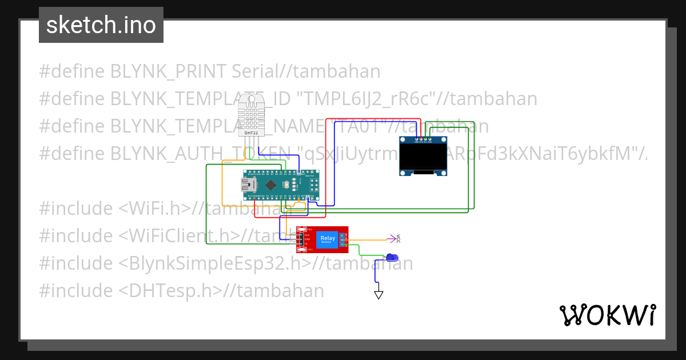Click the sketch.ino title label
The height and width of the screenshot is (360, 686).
click(x=101, y=25)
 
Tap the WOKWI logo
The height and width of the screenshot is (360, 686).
click(x=607, y=315)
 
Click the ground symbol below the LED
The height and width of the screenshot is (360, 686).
click(x=378, y=295)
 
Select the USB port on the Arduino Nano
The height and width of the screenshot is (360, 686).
click(x=248, y=185)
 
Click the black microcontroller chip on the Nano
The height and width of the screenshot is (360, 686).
click(x=272, y=185)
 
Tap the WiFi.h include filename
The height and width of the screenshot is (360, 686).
click(x=154, y=209)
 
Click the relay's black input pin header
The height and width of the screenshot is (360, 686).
click(x=301, y=239)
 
